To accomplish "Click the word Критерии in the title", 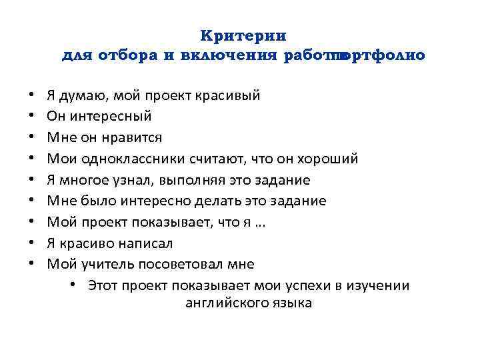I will click(x=243, y=35).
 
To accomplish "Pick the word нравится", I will click(x=132, y=137).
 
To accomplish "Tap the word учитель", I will click(x=108, y=264).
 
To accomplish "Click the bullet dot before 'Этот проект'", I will click(x=71, y=285).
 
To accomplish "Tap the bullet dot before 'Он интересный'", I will click(x=31, y=117).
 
